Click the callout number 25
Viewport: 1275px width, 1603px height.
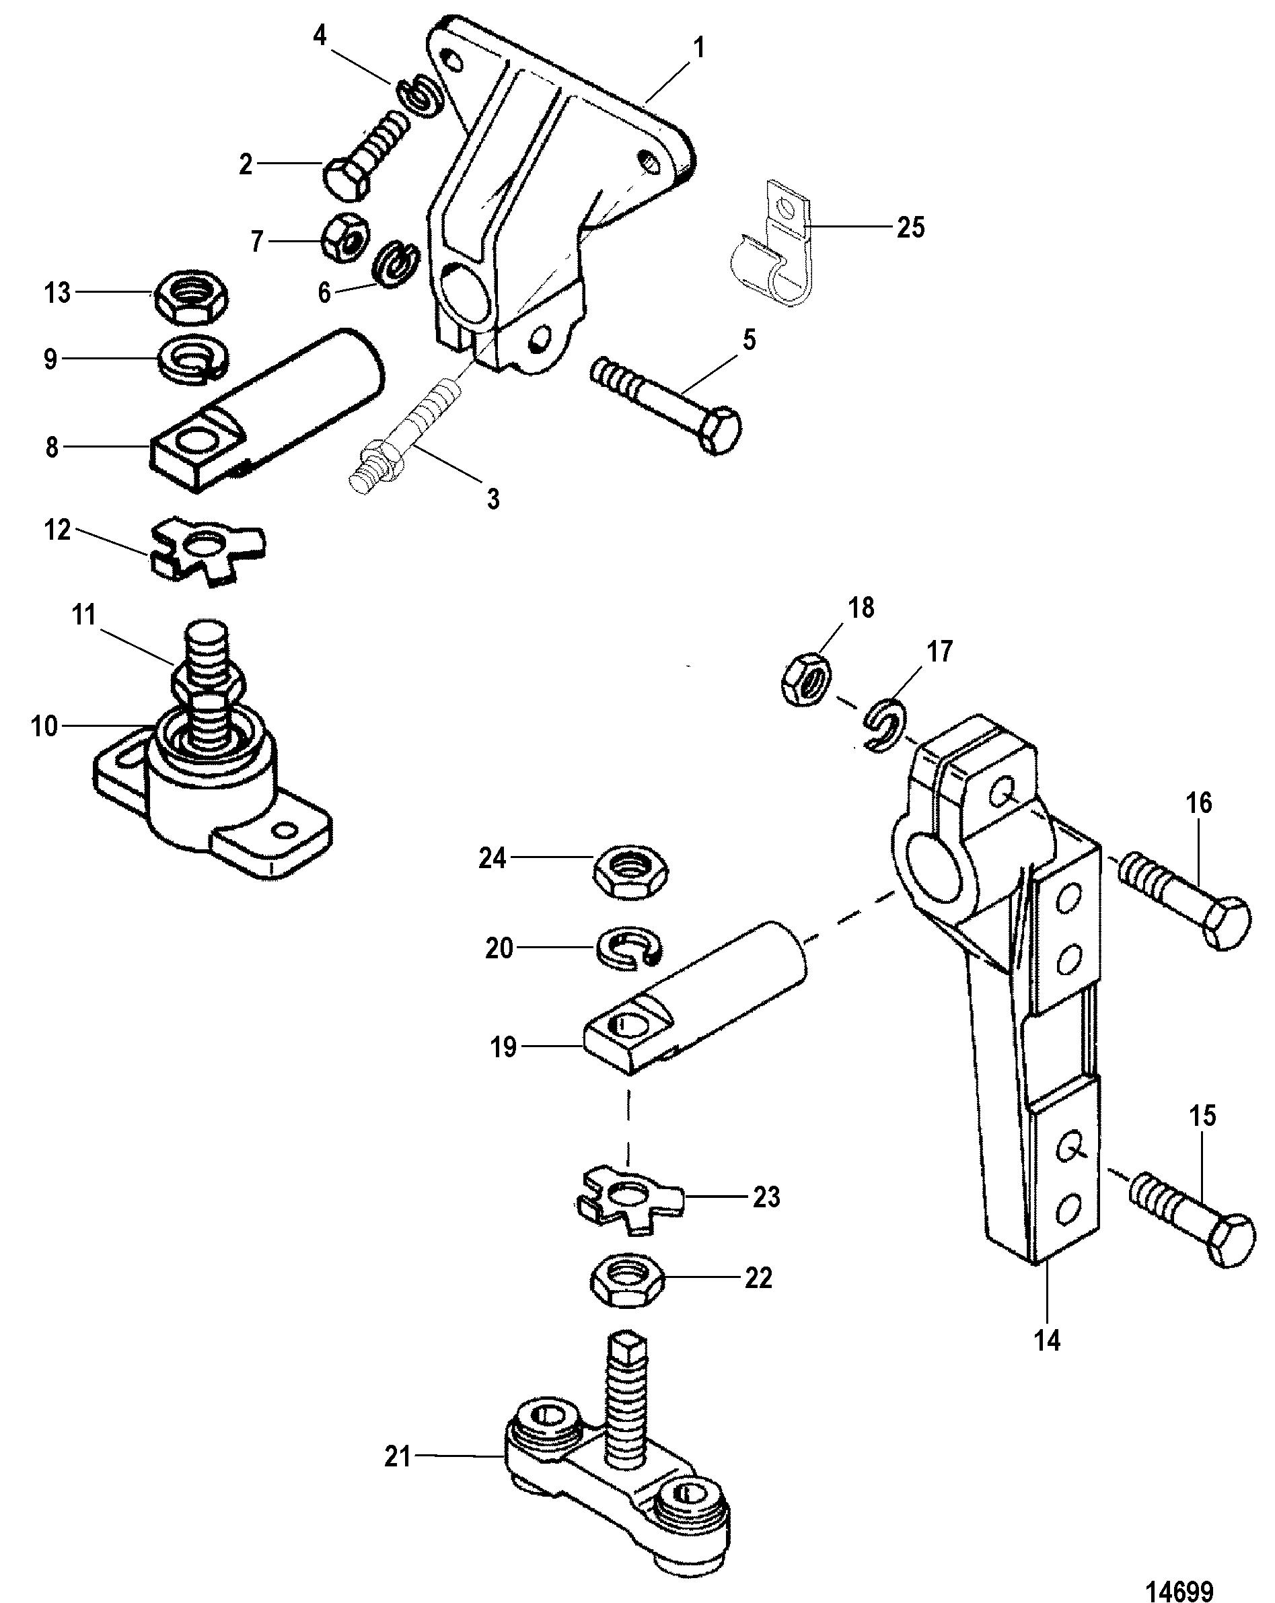click(x=910, y=227)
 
